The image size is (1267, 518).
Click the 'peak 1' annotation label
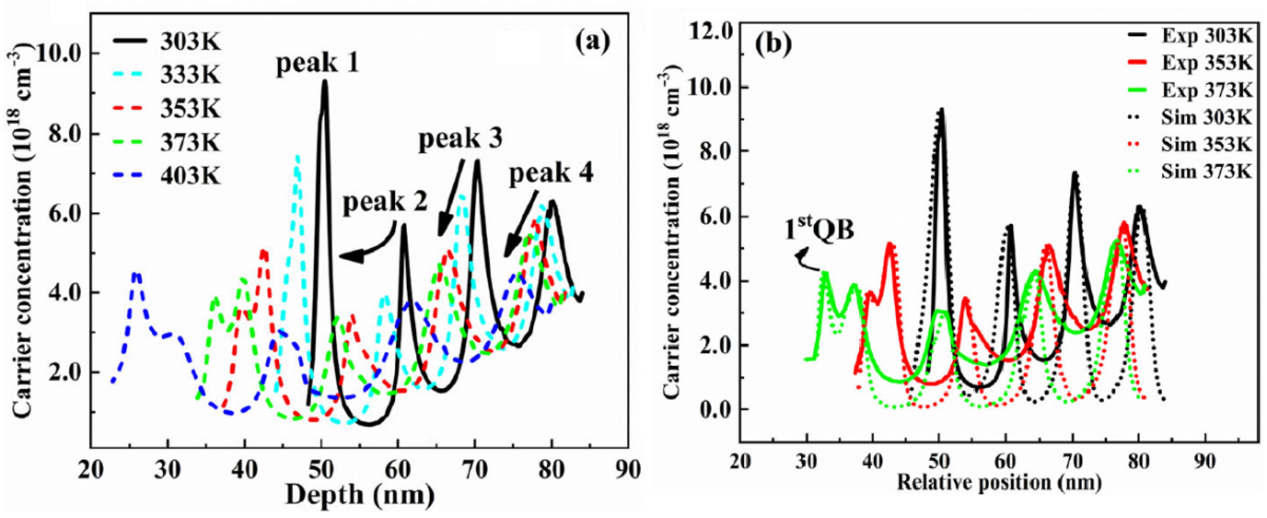click(317, 65)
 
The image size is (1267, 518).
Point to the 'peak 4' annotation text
click(550, 175)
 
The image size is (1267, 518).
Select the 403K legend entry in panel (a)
click(167, 175)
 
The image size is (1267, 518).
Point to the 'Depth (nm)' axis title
click(360, 495)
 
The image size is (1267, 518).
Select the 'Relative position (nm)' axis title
click(998, 483)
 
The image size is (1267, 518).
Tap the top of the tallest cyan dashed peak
click(297, 156)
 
